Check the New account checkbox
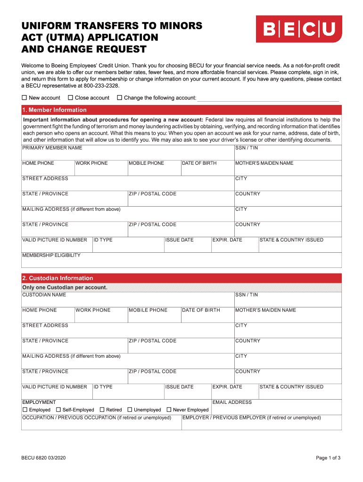click(25, 98)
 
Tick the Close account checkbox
click(70, 98)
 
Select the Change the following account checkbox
click(119, 98)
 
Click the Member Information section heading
click(54, 110)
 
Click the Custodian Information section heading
click(58, 278)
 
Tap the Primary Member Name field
click(127, 154)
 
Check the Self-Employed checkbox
click(58, 410)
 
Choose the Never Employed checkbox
click(169, 410)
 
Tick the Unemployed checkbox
click(130, 410)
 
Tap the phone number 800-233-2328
click(101, 86)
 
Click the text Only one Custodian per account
click(65, 287)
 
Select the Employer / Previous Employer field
click(261, 424)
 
